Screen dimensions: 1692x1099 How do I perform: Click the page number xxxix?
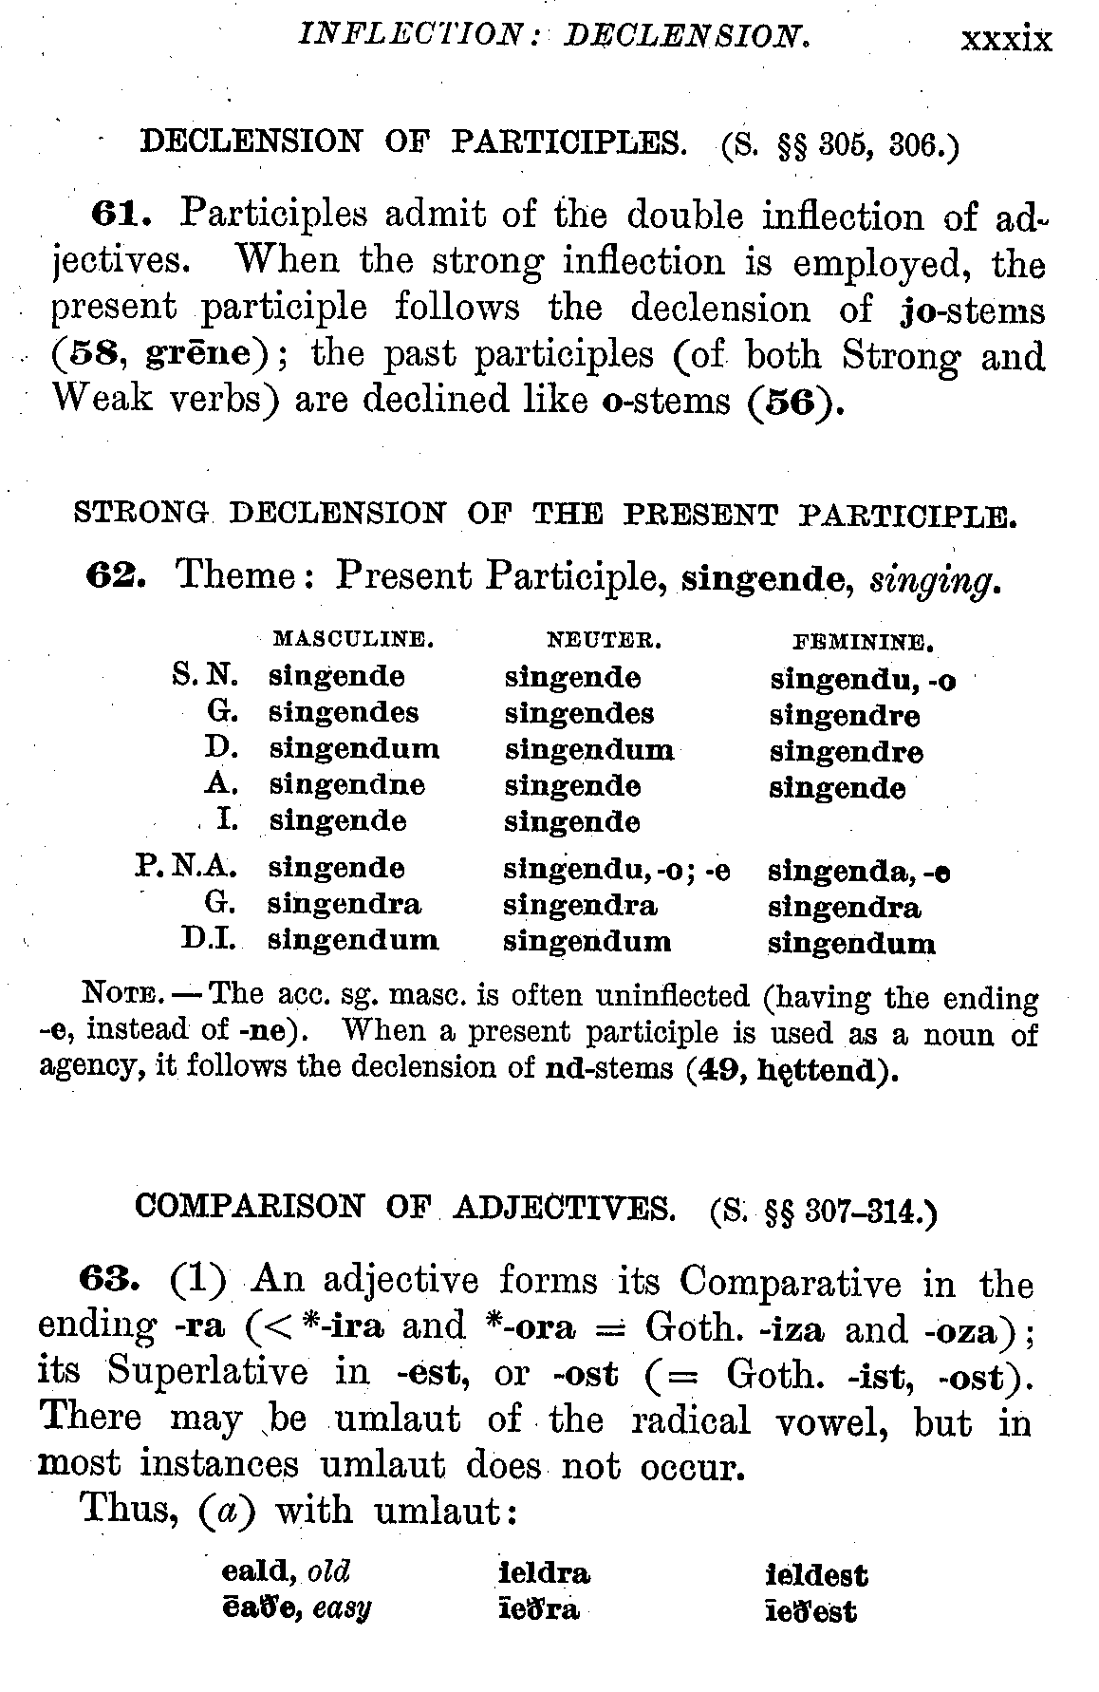(x=1006, y=40)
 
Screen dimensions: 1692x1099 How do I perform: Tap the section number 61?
(x=122, y=215)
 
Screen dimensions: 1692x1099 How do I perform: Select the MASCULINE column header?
(x=353, y=639)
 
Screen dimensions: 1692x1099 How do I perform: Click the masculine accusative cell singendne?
(x=347, y=785)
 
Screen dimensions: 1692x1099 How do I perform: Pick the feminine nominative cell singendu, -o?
(x=862, y=680)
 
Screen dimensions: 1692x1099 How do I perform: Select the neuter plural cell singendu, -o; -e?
(x=616, y=869)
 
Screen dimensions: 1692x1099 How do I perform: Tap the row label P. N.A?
(x=186, y=867)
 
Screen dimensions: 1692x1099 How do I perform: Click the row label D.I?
(x=210, y=940)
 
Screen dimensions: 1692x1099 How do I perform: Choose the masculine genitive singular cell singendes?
(x=344, y=713)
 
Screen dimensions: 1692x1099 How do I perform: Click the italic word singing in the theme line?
(x=934, y=578)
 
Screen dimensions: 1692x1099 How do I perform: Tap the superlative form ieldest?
(x=816, y=1576)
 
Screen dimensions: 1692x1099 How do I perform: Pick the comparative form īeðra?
(x=538, y=1611)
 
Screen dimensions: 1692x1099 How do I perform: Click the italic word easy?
(x=342, y=1609)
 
